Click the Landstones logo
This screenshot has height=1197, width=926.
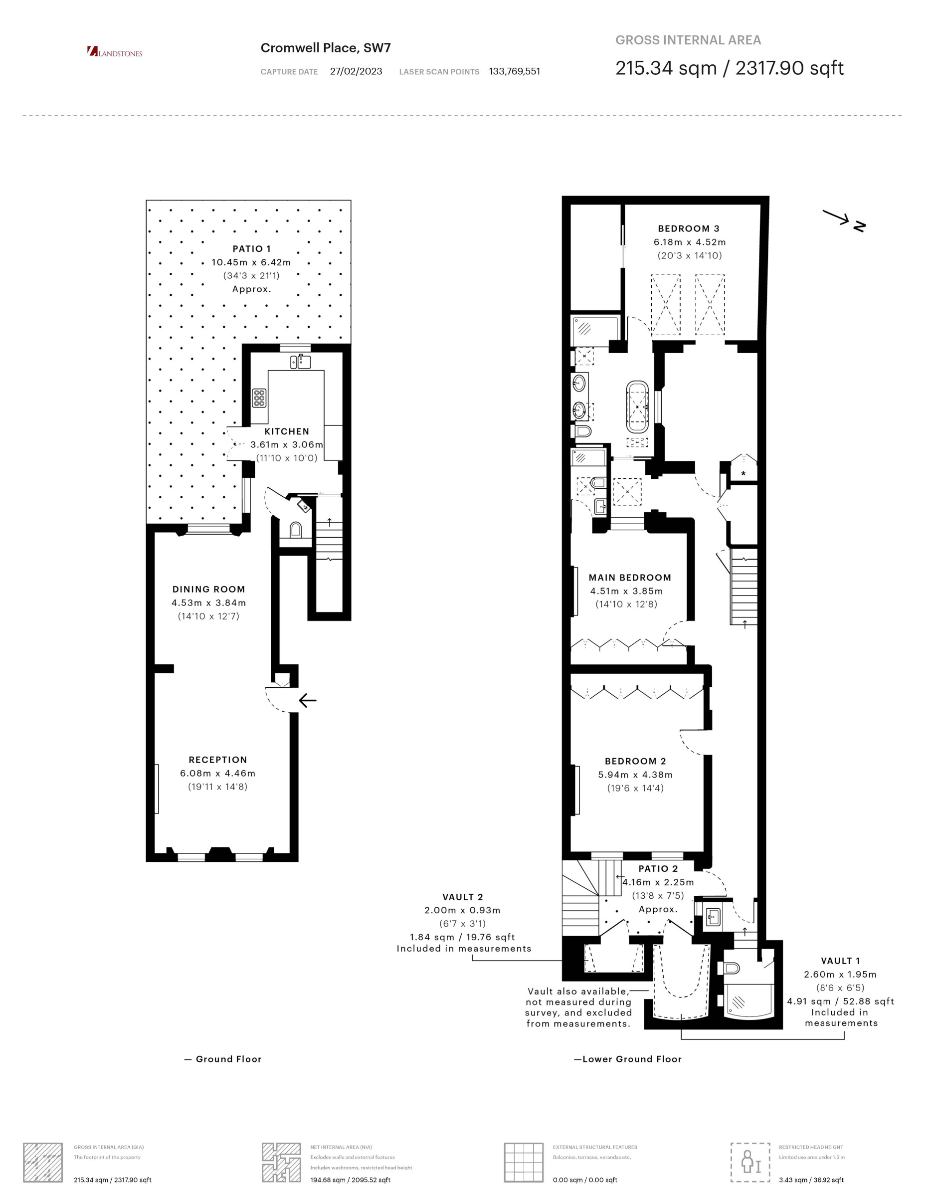(x=115, y=52)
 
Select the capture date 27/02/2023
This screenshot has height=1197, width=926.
(x=356, y=71)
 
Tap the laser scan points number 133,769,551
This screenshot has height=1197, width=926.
(x=515, y=71)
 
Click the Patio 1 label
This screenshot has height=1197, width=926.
(x=251, y=249)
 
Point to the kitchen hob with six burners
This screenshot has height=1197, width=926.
(x=259, y=398)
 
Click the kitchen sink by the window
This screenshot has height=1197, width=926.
(x=301, y=362)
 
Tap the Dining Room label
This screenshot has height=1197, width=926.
(x=209, y=589)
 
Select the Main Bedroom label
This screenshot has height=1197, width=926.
(x=630, y=577)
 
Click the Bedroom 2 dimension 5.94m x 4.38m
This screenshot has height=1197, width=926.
(x=636, y=775)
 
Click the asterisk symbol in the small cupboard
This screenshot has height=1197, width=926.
(x=743, y=473)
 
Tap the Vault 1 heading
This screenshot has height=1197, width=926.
(x=841, y=961)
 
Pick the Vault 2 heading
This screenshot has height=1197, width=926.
(x=463, y=897)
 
